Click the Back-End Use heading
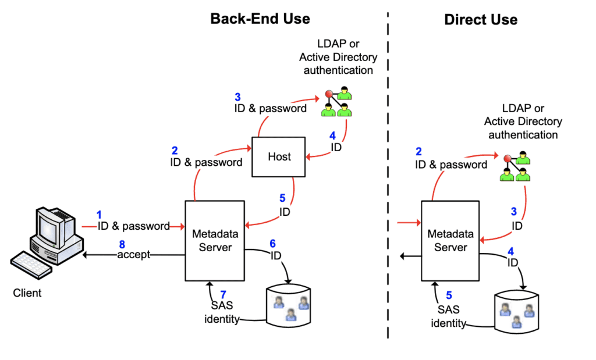coord(260,19)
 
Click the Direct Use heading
coord(481,19)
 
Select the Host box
coord(279,156)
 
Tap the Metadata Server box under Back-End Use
coord(213,240)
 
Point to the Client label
coord(27,293)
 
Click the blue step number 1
coord(99,214)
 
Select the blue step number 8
coord(122,244)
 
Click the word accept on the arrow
coord(134,255)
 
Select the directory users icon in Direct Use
coord(516,166)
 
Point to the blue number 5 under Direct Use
coord(449,295)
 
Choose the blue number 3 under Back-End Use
coord(237,97)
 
